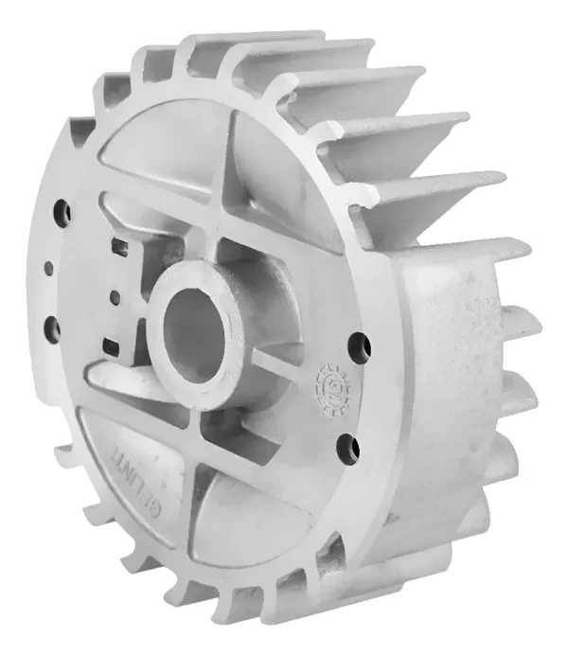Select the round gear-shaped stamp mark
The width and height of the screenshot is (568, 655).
(x=330, y=387)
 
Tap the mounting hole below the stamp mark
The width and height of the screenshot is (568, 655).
(x=346, y=446)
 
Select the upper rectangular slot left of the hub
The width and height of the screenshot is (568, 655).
(x=119, y=247)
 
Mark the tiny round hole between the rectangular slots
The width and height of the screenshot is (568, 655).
(x=115, y=298)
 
